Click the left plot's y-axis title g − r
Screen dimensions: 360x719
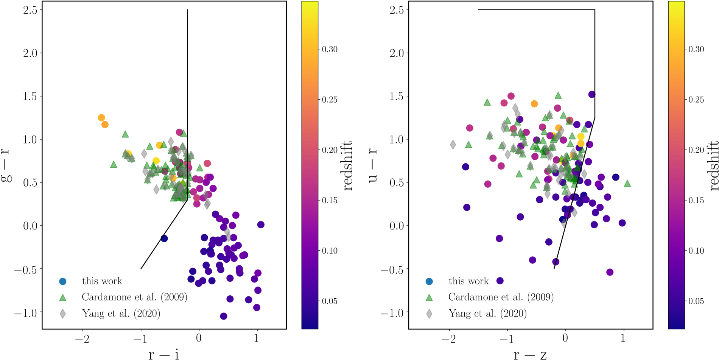coord(6,165)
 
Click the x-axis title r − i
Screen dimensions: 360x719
coord(164,354)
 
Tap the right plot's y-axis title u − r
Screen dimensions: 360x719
coord(373,165)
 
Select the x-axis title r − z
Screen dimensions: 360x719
coord(530,354)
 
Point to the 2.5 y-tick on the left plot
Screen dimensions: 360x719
coord(30,10)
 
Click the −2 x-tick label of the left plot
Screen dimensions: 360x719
coord(82,338)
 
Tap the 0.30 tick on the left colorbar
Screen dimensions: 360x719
coord(330,49)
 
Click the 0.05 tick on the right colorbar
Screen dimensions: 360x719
coord(696,301)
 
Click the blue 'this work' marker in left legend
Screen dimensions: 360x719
coord(63,281)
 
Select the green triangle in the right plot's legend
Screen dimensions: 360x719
coord(429,298)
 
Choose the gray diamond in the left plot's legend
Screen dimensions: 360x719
coord(63,314)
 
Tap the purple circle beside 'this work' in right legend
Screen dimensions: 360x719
coord(500,281)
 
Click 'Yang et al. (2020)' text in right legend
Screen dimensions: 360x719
coord(487,313)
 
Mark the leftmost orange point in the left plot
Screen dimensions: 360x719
coord(101,118)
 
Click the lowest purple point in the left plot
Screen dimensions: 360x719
coord(224,316)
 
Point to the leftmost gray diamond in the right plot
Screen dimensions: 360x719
coord(453,145)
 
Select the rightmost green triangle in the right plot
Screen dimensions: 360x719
coord(627,184)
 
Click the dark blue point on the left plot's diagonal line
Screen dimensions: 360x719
coord(164,238)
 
